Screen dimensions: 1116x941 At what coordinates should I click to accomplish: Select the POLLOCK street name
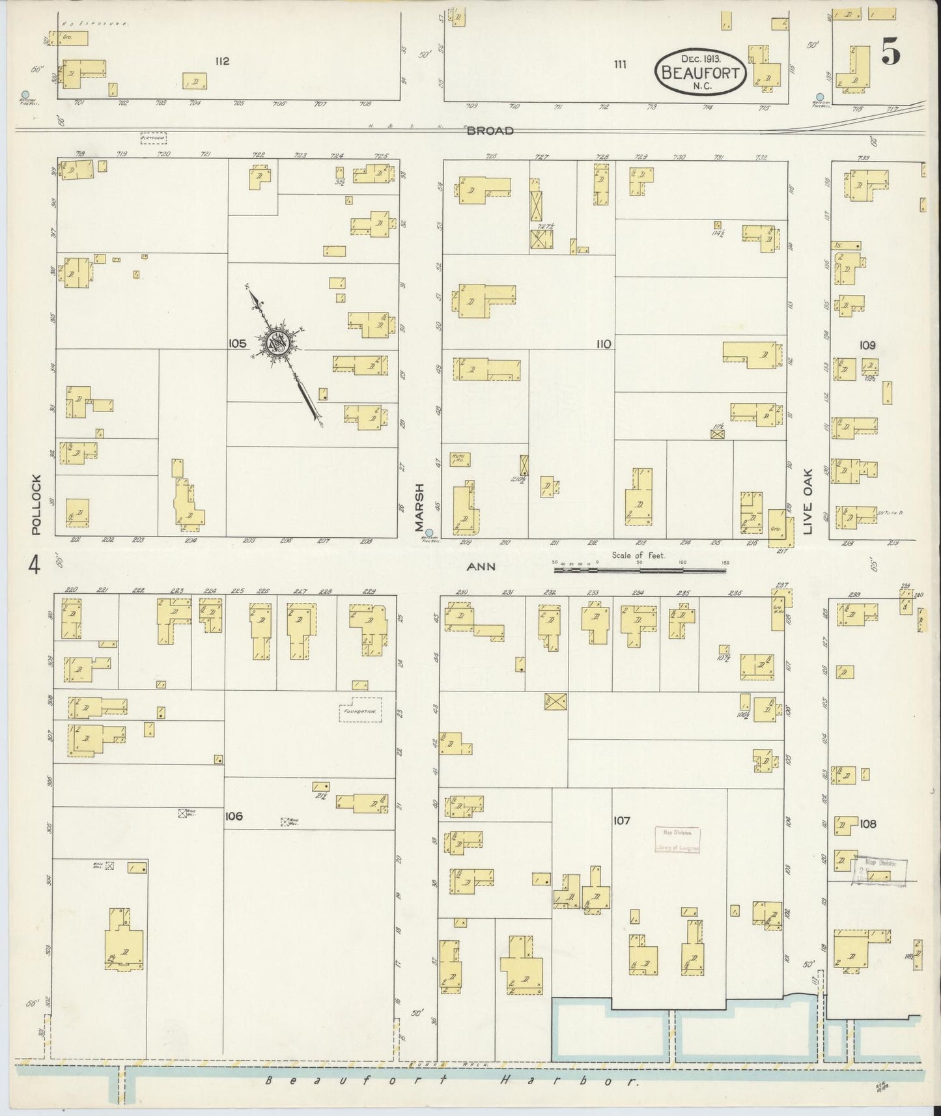point(36,505)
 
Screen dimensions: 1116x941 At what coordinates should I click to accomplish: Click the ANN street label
point(481,566)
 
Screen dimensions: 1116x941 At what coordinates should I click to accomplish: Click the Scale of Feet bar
point(639,570)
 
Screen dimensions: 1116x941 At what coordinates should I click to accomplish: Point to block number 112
point(223,61)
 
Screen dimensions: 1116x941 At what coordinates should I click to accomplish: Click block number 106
point(233,816)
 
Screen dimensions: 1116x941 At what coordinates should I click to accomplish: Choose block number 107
point(621,821)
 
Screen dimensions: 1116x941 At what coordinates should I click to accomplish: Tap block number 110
point(603,344)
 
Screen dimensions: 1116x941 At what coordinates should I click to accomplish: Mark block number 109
point(867,345)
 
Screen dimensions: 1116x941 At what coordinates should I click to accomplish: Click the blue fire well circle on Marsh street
point(428,532)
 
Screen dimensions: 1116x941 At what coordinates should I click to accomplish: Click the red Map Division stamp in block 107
point(677,841)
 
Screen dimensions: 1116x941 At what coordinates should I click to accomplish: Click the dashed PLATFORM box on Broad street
point(154,138)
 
